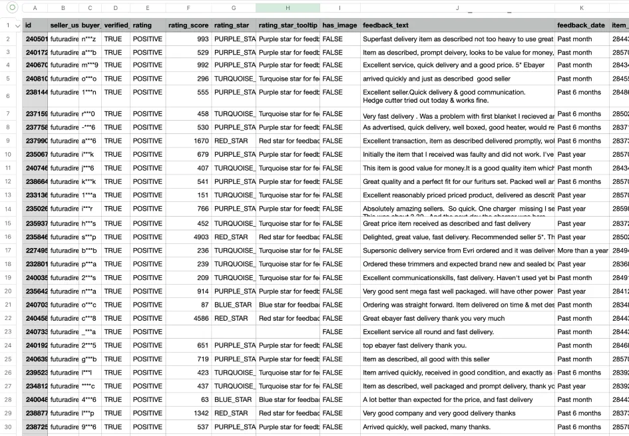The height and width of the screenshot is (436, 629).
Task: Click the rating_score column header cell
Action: pyautogui.click(x=188, y=25)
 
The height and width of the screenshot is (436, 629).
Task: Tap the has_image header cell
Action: pyautogui.click(x=339, y=25)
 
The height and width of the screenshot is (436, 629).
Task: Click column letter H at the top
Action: pyautogui.click(x=288, y=8)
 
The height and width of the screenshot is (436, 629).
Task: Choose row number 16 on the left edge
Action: pyautogui.click(x=8, y=237)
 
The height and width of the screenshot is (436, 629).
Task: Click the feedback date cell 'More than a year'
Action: pyautogui.click(x=582, y=251)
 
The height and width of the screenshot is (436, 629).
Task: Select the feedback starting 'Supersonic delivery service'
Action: pyautogui.click(x=458, y=251)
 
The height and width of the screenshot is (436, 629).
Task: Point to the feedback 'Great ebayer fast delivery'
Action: pyautogui.click(x=433, y=318)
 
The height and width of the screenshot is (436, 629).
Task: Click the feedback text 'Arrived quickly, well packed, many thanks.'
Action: pyautogui.click(x=427, y=427)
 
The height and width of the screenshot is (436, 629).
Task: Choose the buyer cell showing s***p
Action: pyautogui.click(x=89, y=237)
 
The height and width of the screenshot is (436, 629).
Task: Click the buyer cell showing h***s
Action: pyautogui.click(x=89, y=223)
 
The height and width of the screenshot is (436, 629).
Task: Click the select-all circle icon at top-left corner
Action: pyautogui.click(x=11, y=8)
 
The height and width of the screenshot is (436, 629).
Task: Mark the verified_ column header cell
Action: pyautogui.click(x=116, y=25)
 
